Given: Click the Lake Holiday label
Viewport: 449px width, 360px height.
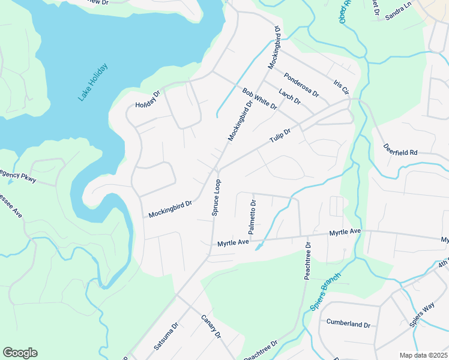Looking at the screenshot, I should click(93, 82).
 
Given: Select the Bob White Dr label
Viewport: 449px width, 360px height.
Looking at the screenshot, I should click(259, 98).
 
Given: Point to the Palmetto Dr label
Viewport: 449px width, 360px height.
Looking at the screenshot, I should click(253, 217).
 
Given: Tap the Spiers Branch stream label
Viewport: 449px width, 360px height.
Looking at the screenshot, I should click(325, 292).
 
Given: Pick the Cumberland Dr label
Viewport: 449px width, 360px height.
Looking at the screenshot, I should click(348, 323).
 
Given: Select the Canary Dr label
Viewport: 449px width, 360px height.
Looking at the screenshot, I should click(211, 326).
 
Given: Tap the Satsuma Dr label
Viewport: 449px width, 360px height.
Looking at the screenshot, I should click(166, 336).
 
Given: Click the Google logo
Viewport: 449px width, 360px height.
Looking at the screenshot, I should click(20, 353).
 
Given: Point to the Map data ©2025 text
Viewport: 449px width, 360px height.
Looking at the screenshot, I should click(423, 355).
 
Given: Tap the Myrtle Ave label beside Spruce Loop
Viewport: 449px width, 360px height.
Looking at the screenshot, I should click(233, 243).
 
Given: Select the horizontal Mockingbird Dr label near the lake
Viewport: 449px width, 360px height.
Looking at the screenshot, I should click(170, 208).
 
